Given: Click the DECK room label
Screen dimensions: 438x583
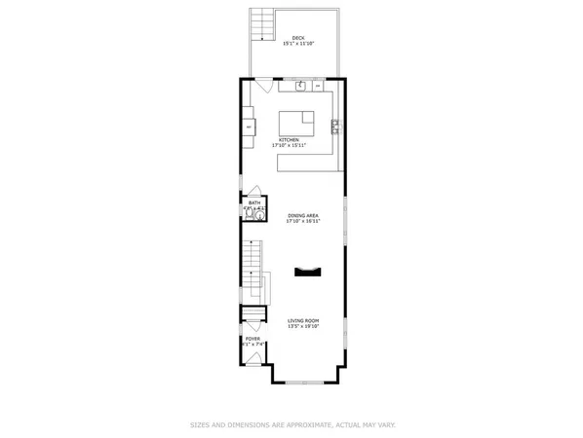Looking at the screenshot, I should tap(297, 38).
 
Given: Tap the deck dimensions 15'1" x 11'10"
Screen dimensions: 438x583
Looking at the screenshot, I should tap(297, 44).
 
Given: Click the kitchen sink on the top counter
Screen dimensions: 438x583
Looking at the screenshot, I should tap(301, 86).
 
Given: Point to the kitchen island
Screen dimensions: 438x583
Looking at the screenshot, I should tap(298, 125).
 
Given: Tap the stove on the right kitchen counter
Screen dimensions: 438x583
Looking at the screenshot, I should tap(334, 125).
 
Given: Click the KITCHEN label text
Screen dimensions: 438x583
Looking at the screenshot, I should tap(288, 140).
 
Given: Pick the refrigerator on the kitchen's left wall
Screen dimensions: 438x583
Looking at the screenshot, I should tap(250, 128).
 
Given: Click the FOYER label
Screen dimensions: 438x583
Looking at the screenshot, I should tap(253, 339).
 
